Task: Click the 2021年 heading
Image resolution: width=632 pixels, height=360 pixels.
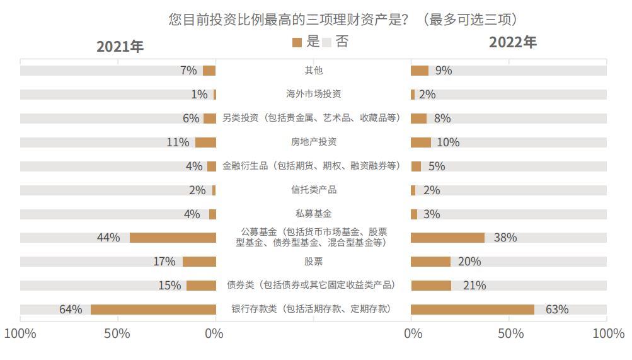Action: click(120, 47)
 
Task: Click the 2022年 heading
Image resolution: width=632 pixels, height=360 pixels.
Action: click(512, 42)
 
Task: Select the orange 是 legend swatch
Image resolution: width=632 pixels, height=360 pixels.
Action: click(297, 43)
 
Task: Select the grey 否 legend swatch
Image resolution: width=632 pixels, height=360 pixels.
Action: click(326, 43)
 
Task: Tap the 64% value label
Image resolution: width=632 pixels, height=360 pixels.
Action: click(71, 309)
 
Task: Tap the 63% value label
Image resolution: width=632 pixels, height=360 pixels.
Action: click(557, 309)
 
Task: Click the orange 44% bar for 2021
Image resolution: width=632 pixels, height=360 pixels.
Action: click(173, 238)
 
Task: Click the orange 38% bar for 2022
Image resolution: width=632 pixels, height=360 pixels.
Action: click(447, 238)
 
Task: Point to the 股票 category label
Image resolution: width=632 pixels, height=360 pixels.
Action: click(313, 261)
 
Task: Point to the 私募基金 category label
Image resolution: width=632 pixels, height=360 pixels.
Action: click(313, 214)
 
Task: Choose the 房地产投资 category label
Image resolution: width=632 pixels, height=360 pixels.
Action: click(313, 142)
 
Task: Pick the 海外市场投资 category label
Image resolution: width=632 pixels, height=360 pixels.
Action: click(313, 94)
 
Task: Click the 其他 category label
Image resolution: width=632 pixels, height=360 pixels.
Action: click(313, 71)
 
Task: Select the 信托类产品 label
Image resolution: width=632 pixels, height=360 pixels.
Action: click(313, 190)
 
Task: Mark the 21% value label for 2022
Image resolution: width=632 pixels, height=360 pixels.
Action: click(474, 286)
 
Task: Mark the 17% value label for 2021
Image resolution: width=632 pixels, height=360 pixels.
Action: click(164, 261)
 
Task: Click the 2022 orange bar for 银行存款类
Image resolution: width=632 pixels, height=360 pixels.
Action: click(473, 309)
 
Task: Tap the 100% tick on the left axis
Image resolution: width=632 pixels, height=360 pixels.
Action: click(20, 334)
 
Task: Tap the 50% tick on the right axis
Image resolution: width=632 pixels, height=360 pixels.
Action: click(510, 334)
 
